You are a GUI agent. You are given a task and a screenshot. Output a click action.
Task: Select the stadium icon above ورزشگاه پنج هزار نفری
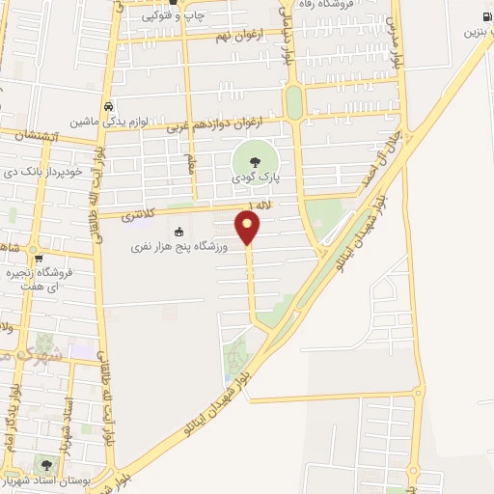tap(178, 231)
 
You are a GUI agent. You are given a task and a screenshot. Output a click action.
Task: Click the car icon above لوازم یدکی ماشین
tap(108, 106)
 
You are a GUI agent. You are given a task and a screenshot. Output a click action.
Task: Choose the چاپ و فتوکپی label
tap(176, 16)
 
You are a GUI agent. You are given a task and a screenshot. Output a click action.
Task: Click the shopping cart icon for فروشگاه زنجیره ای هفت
tap(38, 258)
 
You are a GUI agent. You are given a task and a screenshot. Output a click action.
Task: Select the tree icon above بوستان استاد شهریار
tap(45, 465)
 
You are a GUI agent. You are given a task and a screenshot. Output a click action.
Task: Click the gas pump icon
tap(484, 16)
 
